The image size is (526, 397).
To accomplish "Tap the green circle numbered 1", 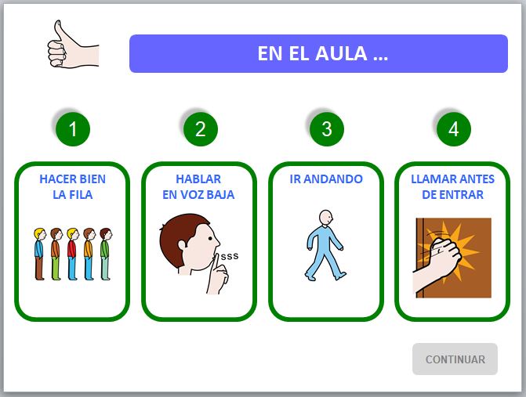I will coord(73,129).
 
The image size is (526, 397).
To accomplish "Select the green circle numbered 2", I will coord(200,129).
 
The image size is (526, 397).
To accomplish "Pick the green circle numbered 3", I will coord(326,129).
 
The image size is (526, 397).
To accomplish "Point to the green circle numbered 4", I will coord(453,129).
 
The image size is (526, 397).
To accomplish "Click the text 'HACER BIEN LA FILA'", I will coord(73,186).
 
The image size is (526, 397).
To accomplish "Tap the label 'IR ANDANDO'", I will coord(326,179).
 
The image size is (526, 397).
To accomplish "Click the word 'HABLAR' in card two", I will coord(198,179).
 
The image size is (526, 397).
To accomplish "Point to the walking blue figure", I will coord(325,244).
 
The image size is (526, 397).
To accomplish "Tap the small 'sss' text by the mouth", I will coord(229,256).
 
